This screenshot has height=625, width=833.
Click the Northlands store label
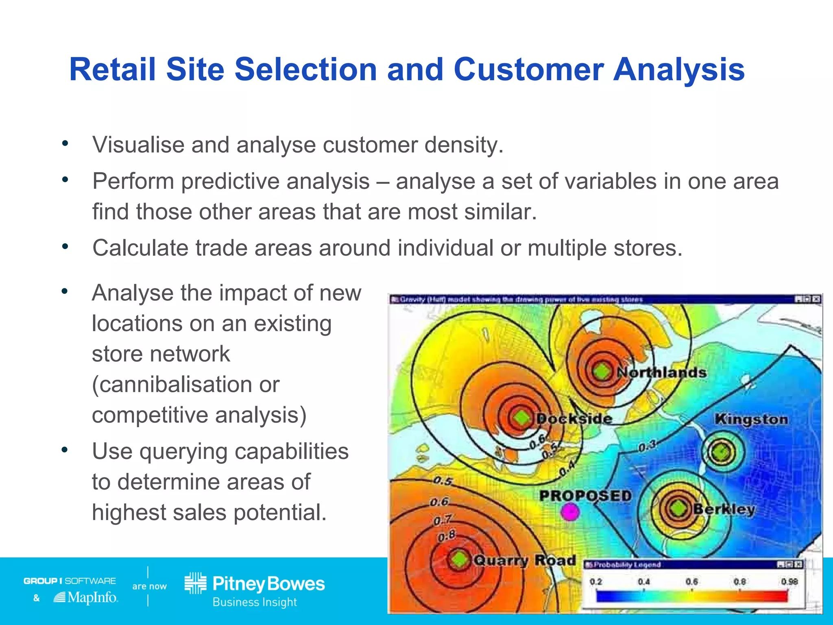coord(662,372)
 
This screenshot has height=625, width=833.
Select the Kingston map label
coord(751,419)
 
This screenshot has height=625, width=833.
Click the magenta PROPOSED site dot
coord(570,512)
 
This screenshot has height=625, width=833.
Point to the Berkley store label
coord(724,509)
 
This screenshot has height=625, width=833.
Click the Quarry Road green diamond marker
coord(460,559)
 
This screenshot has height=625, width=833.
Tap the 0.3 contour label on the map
coord(647,446)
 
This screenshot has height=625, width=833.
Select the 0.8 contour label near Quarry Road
coord(447,536)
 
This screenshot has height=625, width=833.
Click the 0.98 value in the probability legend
coord(789,581)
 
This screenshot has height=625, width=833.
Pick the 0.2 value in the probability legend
coord(596,581)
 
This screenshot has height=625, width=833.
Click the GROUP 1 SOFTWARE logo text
coord(70,581)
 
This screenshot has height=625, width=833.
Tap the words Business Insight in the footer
coord(255,602)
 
